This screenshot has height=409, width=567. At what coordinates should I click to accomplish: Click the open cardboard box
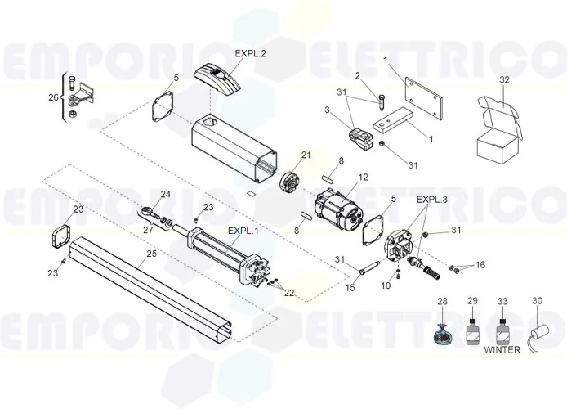click(x=498, y=130)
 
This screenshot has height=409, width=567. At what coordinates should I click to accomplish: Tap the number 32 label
click(x=504, y=79)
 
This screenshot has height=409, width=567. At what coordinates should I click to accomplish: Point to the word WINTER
click(x=502, y=349)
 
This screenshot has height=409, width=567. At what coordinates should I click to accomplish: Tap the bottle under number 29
click(x=471, y=334)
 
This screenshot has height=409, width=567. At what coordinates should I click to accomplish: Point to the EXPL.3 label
click(x=432, y=199)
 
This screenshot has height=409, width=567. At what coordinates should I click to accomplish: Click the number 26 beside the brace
click(x=53, y=97)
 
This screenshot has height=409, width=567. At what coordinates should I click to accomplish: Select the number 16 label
click(x=480, y=264)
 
